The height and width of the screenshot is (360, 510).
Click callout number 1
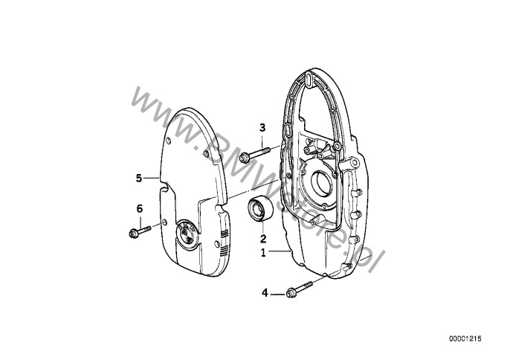coord(263,253)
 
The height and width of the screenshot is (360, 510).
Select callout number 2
coord(263,239)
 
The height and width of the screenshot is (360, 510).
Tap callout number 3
coord(262,128)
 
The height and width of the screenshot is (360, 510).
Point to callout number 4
coord(265,293)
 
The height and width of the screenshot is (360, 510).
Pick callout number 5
coord(139,178)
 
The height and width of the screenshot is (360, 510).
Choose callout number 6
coord(140,209)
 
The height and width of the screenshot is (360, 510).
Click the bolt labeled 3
coord(255,154)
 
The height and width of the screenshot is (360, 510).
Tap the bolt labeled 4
coord(299,289)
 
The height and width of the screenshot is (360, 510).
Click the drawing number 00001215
coord(465,338)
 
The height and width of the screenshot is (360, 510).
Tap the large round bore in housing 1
coord(321,183)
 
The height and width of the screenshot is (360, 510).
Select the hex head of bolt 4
coord(290,293)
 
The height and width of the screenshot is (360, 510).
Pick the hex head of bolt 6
coord(132,234)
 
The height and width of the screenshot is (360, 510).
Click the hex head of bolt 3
coord(244,158)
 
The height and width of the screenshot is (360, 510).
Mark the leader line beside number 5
coord(151,178)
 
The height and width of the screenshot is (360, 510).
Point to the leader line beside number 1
coord(279,251)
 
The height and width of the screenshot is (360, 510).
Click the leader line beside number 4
coord(277,294)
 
